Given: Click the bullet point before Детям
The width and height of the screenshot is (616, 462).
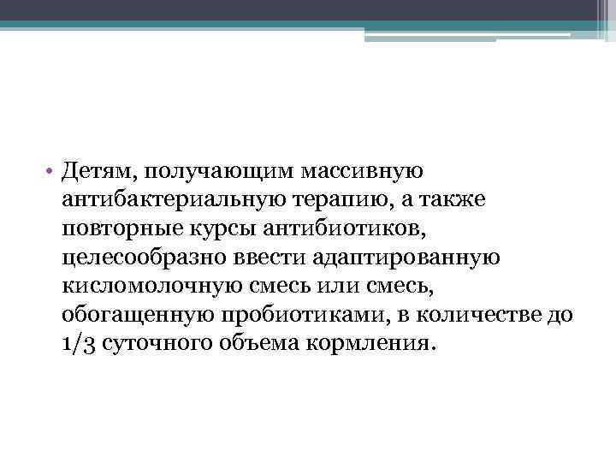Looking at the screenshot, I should click(51, 172).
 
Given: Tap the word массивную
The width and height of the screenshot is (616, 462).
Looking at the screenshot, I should click(370, 172).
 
